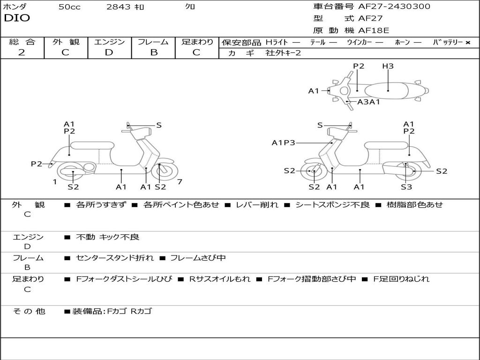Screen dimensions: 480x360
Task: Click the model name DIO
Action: (17, 18)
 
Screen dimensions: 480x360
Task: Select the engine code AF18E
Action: (374, 30)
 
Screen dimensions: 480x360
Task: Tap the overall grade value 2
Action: (22, 52)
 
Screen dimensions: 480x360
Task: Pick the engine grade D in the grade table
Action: (109, 52)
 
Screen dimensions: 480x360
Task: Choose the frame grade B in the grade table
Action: (153, 52)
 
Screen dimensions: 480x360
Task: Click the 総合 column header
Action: (22, 42)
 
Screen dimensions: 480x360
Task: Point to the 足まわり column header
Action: (197, 42)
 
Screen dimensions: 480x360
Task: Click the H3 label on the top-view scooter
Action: (388, 66)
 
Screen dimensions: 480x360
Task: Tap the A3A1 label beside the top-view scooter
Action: (368, 102)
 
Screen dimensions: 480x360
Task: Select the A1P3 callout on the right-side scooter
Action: (284, 142)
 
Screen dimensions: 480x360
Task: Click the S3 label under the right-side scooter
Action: (406, 187)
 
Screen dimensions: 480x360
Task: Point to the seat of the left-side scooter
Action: (92, 145)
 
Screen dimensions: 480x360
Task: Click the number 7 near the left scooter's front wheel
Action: (180, 181)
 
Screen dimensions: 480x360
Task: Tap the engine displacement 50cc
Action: (69, 7)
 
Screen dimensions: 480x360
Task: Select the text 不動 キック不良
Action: (107, 237)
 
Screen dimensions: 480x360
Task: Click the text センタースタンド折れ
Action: (114, 258)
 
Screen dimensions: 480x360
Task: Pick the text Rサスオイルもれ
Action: (220, 279)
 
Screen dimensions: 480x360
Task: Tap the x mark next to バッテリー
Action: (468, 42)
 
